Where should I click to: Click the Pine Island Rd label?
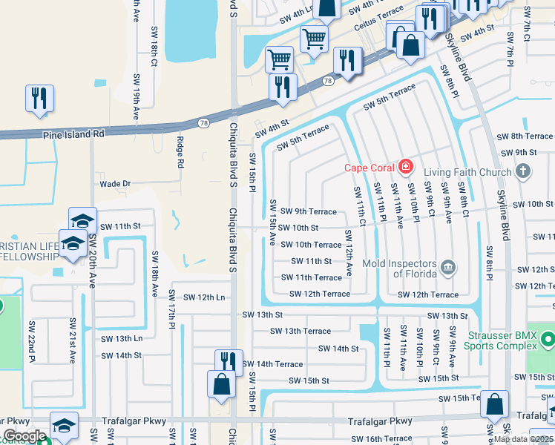coord(73,134)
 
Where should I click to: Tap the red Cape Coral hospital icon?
coord(406,166)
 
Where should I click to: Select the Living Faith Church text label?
coord(464,173)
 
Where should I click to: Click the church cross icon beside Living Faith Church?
coord(522,173)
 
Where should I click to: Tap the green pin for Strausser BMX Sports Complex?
coord(548,340)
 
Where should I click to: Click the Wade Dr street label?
coord(115,183)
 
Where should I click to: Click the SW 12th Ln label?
coord(204,297)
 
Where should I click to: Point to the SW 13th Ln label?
coord(121,338)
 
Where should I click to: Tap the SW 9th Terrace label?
coord(308,211)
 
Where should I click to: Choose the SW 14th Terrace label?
coord(272,364)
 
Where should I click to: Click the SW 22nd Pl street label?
coord(32,341)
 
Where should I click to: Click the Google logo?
coord(24,436)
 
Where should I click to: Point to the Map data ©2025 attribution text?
coord(524,439)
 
